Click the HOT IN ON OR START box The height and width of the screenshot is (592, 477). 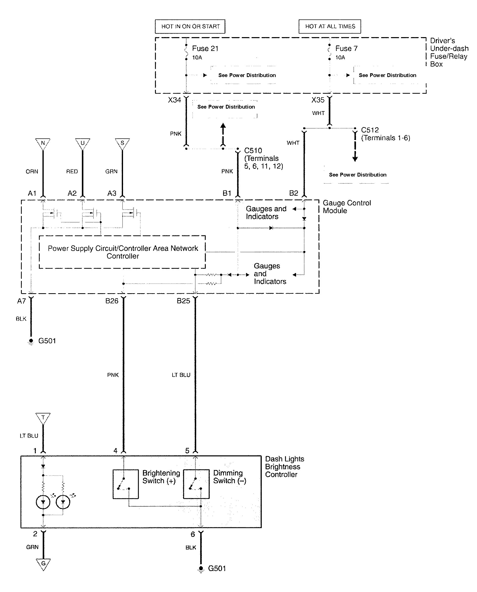(x=190, y=26)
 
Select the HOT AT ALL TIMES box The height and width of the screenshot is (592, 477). (x=330, y=26)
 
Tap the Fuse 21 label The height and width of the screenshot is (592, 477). (x=205, y=49)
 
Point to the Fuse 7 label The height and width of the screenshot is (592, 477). (x=346, y=49)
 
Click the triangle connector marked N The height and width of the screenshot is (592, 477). (x=43, y=143)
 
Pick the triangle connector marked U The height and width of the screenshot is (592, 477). (x=82, y=143)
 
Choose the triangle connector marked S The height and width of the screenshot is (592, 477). (x=122, y=143)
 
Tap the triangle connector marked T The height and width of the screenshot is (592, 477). (x=43, y=418)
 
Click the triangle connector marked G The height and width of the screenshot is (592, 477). (x=43, y=564)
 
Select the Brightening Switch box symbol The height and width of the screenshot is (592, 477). (x=126, y=484)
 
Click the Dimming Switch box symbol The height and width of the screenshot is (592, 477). (x=196, y=484)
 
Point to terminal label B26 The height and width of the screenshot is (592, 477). (x=112, y=301)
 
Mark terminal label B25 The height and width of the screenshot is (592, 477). (x=183, y=301)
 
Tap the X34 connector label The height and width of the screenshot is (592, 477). (x=175, y=100)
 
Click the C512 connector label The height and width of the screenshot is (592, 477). (x=370, y=130)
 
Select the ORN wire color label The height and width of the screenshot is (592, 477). (x=32, y=171)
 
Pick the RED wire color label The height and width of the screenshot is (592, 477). (x=72, y=171)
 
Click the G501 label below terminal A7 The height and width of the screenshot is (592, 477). (x=47, y=341)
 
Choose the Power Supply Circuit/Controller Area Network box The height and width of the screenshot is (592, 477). (x=123, y=252)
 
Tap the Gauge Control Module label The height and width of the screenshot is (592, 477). (x=346, y=207)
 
